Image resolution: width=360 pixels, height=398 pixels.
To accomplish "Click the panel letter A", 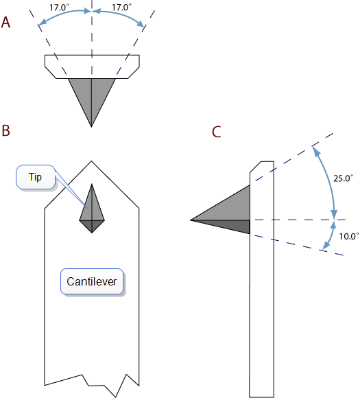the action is click(x=5, y=23).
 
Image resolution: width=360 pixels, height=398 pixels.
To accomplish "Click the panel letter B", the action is click(x=6, y=130).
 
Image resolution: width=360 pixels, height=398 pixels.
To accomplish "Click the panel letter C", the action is click(x=217, y=132).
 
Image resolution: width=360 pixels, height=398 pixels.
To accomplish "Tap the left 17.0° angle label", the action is click(x=59, y=8).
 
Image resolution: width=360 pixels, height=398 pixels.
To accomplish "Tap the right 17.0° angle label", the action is click(x=122, y=8).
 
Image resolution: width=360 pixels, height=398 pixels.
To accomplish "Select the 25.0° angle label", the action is click(x=343, y=178).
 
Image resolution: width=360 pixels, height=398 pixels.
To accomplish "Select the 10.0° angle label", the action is click(x=349, y=236).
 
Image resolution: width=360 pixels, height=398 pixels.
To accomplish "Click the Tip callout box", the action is click(x=36, y=177).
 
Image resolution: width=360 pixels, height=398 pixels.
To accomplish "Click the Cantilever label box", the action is click(x=92, y=281).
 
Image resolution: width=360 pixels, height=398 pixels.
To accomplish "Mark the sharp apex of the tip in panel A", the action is click(x=92, y=127).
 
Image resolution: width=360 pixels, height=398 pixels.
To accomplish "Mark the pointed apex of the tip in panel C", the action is click(x=191, y=220).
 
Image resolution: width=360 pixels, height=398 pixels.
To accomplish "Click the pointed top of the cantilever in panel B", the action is click(x=91, y=161).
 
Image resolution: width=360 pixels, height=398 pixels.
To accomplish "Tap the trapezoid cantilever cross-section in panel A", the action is click(x=92, y=67).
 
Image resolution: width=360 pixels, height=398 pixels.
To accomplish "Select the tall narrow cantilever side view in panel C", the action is click(x=262, y=279).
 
